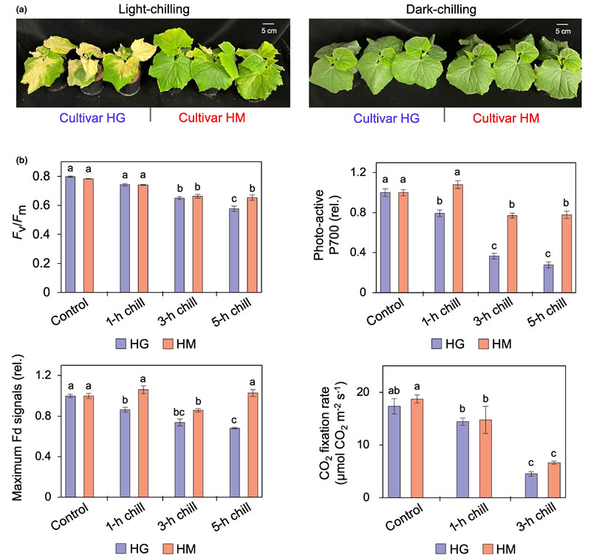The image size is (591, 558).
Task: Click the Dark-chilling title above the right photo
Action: (443, 8)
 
